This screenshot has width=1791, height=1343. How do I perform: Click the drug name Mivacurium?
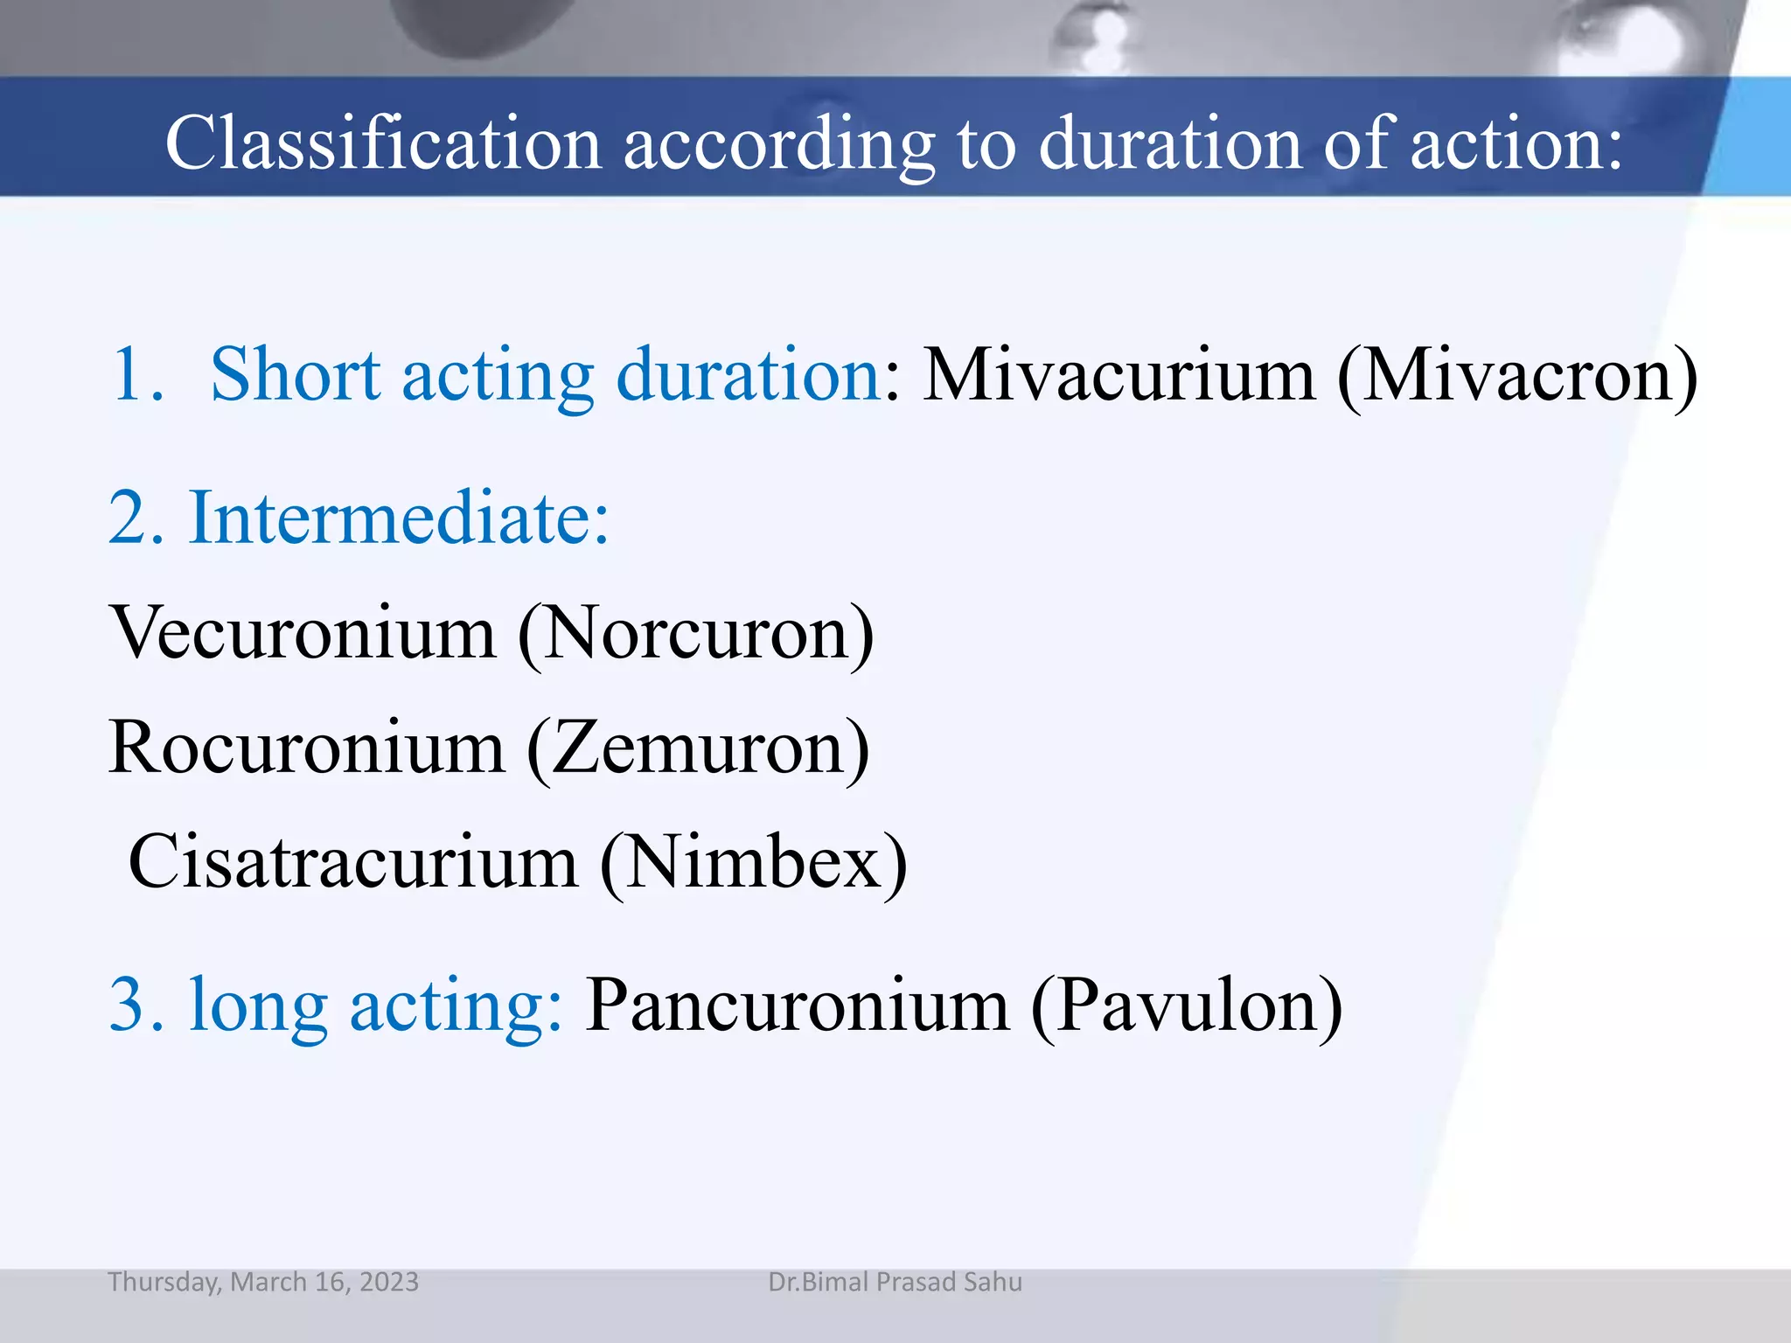(1119, 375)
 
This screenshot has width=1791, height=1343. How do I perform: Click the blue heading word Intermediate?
(398, 518)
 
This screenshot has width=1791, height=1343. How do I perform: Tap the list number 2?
(136, 518)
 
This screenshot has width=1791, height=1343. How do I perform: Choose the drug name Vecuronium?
(303, 632)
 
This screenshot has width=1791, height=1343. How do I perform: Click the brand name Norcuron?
(696, 632)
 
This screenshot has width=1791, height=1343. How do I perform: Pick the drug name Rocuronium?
(307, 748)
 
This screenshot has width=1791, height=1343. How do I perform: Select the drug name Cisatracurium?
(353, 862)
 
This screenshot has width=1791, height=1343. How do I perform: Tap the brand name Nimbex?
(753, 862)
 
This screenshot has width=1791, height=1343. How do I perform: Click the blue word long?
(258, 1006)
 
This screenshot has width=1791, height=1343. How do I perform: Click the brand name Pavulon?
(1187, 1006)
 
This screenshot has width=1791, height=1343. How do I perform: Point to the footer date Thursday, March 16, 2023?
(263, 1282)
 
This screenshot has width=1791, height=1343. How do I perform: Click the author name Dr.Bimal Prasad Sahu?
(895, 1282)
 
